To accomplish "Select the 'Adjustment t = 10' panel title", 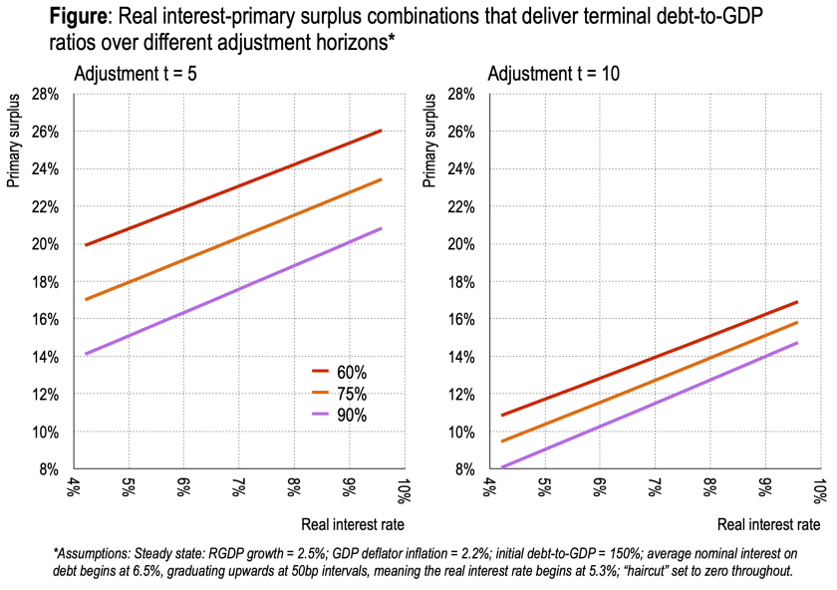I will pyautogui.click(x=547, y=73).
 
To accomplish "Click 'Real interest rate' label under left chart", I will pyautogui.click(x=354, y=524).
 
